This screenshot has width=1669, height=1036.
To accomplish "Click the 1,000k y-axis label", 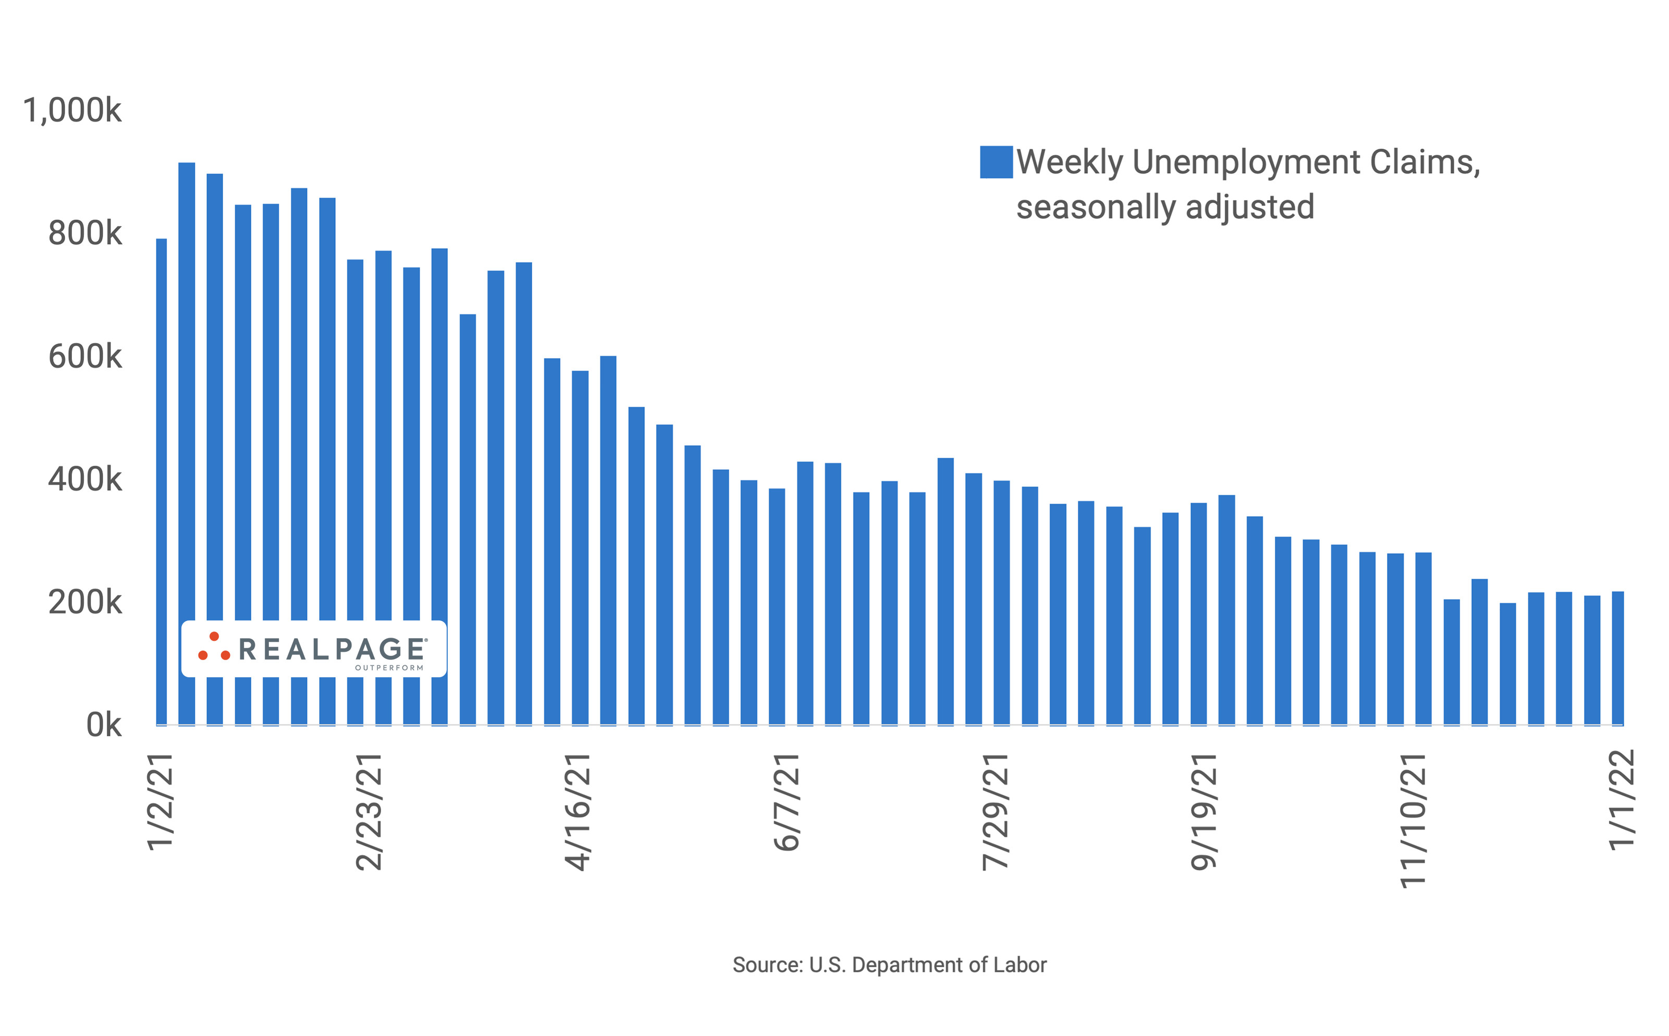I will (72, 111).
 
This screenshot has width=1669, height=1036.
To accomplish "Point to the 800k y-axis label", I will (84, 234).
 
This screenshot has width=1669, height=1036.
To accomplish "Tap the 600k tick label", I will (84, 357).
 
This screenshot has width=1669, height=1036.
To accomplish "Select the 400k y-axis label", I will (84, 480).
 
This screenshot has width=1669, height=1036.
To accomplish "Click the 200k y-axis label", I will (84, 603).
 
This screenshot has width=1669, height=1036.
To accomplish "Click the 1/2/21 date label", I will (160, 802).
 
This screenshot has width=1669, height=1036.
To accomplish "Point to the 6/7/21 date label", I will (786, 802).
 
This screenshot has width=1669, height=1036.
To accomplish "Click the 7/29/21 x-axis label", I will (995, 812).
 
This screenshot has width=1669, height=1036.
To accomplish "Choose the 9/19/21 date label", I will (1204, 812).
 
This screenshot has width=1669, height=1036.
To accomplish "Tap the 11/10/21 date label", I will (1412, 821).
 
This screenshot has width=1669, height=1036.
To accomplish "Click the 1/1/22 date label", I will (1621, 800).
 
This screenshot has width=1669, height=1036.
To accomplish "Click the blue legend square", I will (996, 162).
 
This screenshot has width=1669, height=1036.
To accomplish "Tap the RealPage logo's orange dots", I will (214, 648).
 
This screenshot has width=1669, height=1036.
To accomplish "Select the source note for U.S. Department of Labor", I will (889, 965).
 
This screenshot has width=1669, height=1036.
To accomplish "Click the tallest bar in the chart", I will (186, 445).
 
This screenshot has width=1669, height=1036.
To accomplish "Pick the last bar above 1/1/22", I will (1617, 658).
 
